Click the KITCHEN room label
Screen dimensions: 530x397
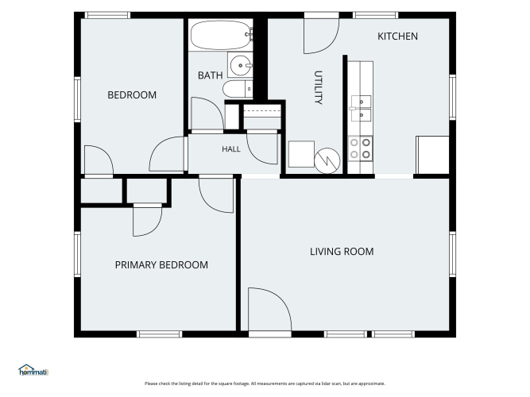click(x=397, y=37)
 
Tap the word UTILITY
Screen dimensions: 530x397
click(x=318, y=87)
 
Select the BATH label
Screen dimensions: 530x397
click(x=210, y=75)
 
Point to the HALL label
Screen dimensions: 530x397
click(x=231, y=149)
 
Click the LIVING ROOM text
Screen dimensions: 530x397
click(x=342, y=252)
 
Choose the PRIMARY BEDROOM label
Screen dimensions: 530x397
click(x=161, y=265)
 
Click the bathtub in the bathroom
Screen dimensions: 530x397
click(x=221, y=35)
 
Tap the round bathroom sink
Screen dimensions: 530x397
click(x=241, y=65)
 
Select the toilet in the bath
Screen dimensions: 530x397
click(x=238, y=89)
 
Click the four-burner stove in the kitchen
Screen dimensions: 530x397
click(x=360, y=148)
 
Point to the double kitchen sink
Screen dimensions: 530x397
click(x=361, y=109)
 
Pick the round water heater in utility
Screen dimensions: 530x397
click(x=327, y=161)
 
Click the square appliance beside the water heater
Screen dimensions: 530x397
click(x=301, y=154)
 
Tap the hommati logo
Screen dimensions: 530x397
click(x=33, y=370)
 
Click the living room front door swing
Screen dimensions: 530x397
click(x=269, y=309)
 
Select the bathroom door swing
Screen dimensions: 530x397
click(x=207, y=114)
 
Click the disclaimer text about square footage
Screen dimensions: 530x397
click(x=265, y=384)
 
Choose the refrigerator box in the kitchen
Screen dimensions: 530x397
click(x=432, y=155)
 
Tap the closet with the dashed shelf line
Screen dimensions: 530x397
click(x=262, y=117)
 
